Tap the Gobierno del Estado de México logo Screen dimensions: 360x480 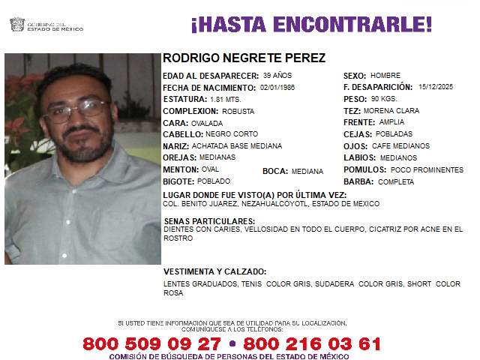[x=46, y=25]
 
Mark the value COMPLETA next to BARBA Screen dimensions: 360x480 [x=396, y=181]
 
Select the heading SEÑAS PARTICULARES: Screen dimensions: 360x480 [x=208, y=222]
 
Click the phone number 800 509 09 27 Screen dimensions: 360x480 [x=151, y=343]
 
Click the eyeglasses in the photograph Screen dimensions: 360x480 [x=77, y=111]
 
